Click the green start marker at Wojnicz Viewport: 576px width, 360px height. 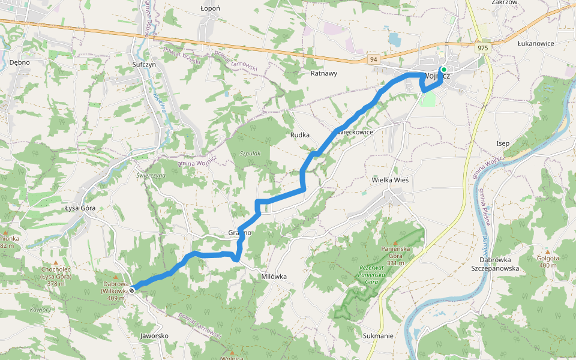click(443, 70)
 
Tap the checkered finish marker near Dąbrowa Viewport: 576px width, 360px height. click(131, 290)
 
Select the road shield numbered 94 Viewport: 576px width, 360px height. click(373, 59)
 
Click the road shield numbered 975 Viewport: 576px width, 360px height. click(481, 47)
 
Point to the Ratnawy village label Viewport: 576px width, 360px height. click(324, 73)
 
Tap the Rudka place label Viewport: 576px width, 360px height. click(299, 135)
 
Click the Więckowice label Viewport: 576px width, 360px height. click(355, 131)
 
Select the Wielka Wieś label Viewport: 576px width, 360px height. click(390, 179)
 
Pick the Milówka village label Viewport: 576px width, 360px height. click(274, 277)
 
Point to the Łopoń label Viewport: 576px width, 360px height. click(210, 8)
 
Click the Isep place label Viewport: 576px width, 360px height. click(503, 143)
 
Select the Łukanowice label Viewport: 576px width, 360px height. click(536, 44)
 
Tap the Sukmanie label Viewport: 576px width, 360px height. click(378, 336)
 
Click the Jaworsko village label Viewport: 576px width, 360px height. click(154, 335)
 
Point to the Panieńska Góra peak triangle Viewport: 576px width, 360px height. click(395, 242)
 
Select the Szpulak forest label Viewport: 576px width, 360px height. click(250, 154)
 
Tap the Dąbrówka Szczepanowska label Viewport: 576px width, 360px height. click(499, 264)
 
